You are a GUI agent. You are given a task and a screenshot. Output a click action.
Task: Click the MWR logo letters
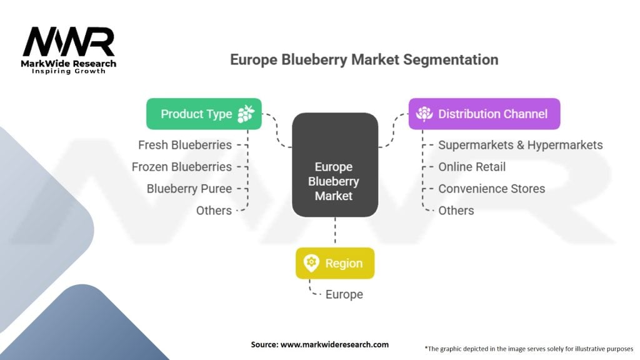pos(69,42)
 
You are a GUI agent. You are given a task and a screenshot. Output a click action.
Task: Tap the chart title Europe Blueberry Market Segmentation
pos(364,59)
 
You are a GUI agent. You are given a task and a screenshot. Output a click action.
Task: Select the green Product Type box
pos(204,114)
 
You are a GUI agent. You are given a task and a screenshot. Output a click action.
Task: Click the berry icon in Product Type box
pos(246,114)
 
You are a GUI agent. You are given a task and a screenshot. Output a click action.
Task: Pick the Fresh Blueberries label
pos(185,145)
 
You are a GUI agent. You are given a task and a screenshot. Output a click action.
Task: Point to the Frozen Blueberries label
pos(182,167)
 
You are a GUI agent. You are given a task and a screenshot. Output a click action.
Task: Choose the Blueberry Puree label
pos(189,189)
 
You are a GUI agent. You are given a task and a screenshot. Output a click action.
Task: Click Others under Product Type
pos(214,211)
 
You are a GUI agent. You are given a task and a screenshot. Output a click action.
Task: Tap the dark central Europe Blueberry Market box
pos(335,165)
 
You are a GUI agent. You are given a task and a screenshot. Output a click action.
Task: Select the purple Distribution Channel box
pos(484,114)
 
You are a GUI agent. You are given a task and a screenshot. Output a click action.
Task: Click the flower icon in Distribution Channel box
pos(424,114)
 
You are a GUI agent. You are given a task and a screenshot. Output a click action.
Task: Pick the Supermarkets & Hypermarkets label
pos(521,145)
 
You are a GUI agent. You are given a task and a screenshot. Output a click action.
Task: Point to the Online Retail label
pos(472,167)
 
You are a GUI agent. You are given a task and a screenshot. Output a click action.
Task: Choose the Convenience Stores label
pos(492,189)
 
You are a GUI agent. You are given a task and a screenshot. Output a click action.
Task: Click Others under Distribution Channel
pos(456,211)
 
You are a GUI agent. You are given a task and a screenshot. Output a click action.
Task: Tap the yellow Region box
pos(335,263)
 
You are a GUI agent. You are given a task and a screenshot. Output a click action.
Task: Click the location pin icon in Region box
pos(311,263)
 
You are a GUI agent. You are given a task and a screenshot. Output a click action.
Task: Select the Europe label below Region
pos(344,294)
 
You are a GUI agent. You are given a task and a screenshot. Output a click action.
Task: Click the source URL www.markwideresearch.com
pos(335,344)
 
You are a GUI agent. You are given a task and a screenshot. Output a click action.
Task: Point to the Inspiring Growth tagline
pos(69,71)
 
